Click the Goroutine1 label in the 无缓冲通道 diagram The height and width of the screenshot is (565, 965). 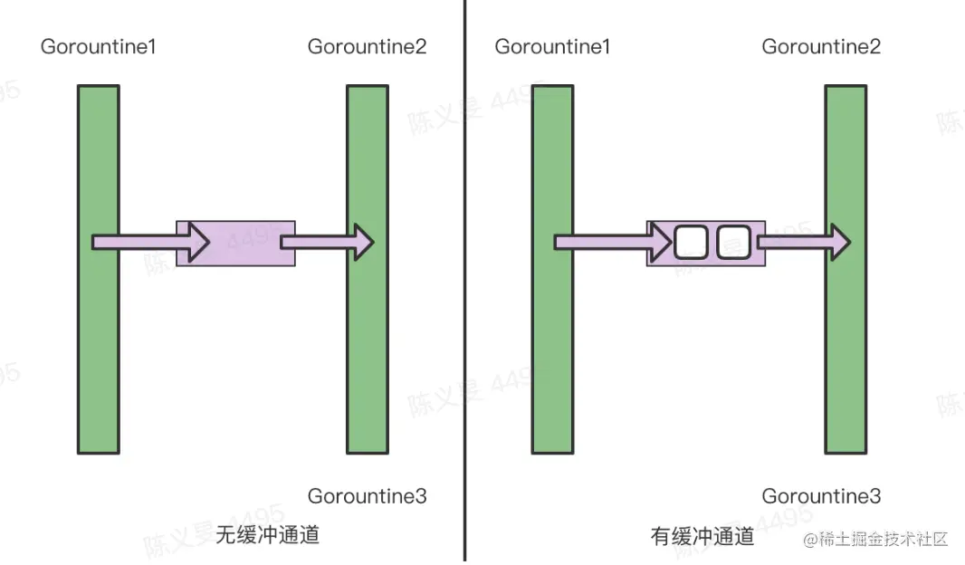(x=98, y=46)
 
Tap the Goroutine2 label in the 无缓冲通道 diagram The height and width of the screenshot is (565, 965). (x=367, y=46)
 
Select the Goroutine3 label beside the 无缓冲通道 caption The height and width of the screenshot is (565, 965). (x=367, y=496)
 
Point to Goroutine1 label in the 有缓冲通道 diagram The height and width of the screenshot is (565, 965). (x=552, y=46)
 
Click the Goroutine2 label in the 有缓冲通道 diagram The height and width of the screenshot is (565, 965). (x=821, y=46)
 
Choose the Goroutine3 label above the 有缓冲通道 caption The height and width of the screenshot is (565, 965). (x=821, y=496)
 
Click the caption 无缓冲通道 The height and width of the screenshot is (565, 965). (x=268, y=535)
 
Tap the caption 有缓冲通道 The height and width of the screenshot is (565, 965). (x=702, y=536)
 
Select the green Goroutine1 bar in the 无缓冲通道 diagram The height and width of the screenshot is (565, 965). (x=98, y=344)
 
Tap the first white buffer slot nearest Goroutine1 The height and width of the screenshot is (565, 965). (x=689, y=242)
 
